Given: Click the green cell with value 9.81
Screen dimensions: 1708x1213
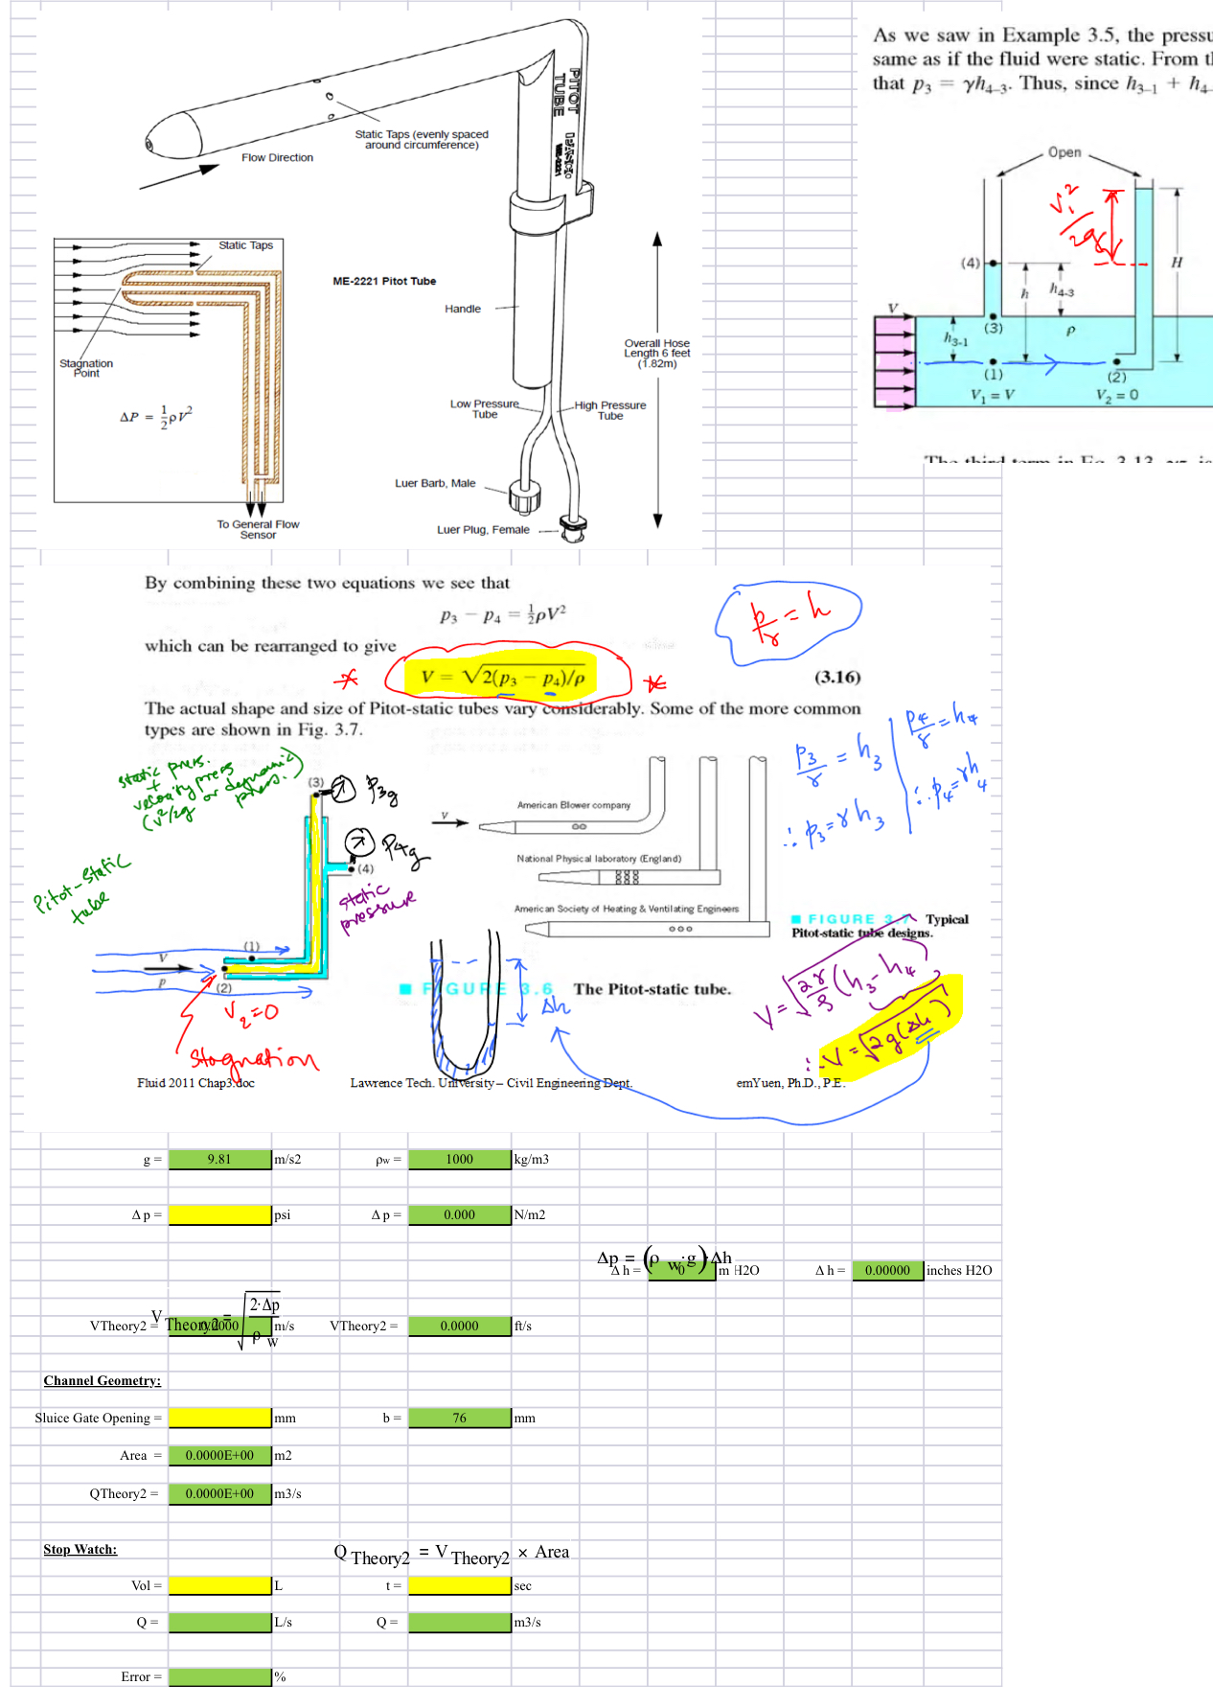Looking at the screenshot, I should click(x=219, y=1159).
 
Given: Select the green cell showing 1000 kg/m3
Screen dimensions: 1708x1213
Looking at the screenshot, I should click(x=459, y=1159).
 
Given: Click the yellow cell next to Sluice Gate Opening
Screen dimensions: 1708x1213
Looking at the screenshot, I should click(x=219, y=1418).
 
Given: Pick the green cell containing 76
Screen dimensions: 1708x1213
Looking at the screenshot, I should click(x=459, y=1418).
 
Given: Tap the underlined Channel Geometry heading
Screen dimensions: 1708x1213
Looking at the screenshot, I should click(x=102, y=1380).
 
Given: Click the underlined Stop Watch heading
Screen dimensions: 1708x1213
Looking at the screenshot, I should click(x=80, y=1549).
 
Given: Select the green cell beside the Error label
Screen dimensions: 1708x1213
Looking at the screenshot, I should click(x=219, y=1676).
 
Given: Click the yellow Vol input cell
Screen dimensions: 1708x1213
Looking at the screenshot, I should click(x=219, y=1585).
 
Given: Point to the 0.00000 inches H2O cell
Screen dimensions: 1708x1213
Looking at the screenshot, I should click(x=887, y=1270).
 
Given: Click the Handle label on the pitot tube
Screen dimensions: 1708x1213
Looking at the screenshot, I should click(x=463, y=309).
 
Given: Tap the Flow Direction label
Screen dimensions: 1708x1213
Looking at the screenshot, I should click(x=277, y=157).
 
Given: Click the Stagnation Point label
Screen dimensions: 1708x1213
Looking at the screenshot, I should click(x=86, y=368).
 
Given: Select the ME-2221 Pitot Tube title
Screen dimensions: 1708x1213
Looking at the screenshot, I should click(x=384, y=281).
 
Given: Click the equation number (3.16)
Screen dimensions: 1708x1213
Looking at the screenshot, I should click(x=837, y=677).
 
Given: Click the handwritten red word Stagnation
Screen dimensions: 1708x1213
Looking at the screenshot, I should click(x=253, y=1058).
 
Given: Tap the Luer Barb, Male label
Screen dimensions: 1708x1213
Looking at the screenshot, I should click(x=435, y=483).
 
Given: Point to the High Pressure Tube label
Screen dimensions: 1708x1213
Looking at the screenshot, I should click(x=610, y=410).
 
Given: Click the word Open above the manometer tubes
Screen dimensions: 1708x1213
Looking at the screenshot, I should click(x=1064, y=152).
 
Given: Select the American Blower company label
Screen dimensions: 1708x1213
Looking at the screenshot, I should click(x=574, y=805).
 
